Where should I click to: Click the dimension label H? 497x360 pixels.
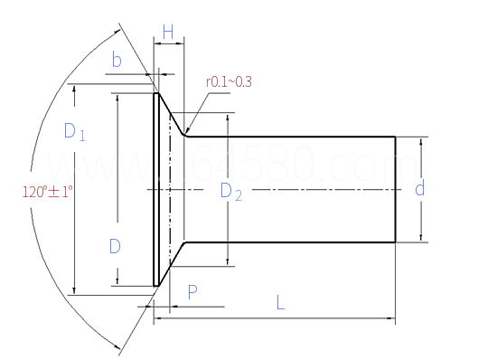pos(168,31)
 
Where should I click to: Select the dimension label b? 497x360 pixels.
pos(117,62)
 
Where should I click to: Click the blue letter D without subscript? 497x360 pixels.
pos(115,246)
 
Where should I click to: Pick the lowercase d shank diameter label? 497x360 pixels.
pos(419,189)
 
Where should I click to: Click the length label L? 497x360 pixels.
pos(280,304)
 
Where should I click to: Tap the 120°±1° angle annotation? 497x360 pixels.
pos(48,191)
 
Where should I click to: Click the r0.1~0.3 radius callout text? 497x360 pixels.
pos(229,82)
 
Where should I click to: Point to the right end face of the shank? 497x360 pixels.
pos(395,189)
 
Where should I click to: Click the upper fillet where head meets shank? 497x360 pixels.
pos(185,135)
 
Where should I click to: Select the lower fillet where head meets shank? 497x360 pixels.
pos(185,243)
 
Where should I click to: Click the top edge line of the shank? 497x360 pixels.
pos(289,137)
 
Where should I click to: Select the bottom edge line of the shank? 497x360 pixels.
pos(289,242)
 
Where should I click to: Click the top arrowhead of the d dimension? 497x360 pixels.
pos(420,140)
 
